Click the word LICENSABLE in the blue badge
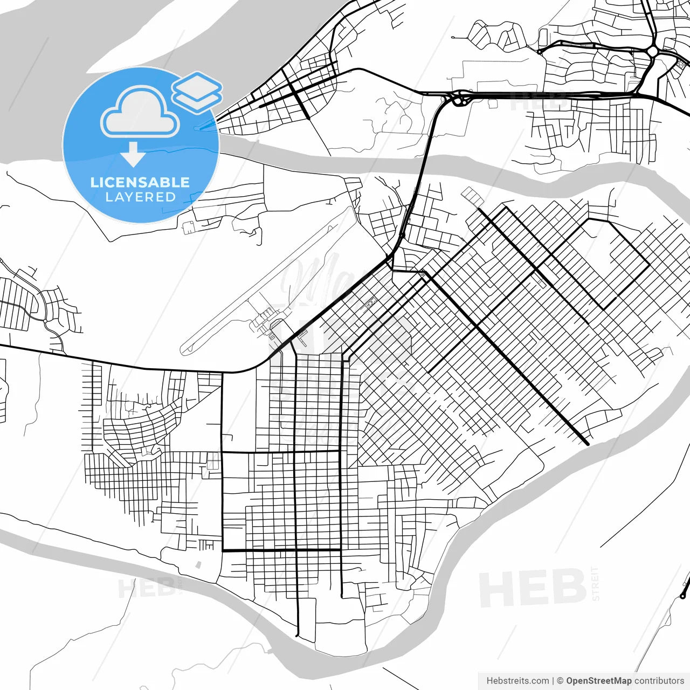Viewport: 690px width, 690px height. click(x=140, y=182)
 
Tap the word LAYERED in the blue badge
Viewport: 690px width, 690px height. click(x=140, y=197)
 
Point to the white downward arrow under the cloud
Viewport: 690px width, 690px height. click(x=133, y=154)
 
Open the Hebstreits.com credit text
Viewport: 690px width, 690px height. click(x=517, y=681)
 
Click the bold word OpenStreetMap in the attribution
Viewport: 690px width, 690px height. click(x=598, y=681)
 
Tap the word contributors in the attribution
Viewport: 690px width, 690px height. click(x=659, y=681)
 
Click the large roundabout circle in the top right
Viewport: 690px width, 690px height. click(x=653, y=52)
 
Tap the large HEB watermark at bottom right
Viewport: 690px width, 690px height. click(x=532, y=588)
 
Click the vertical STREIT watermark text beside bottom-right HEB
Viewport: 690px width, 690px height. click(x=595, y=583)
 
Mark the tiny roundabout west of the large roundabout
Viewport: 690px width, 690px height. click(x=539, y=52)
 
